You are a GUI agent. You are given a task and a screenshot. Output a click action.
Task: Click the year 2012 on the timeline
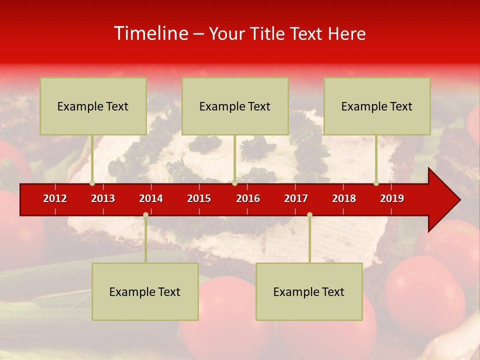(x=55, y=198)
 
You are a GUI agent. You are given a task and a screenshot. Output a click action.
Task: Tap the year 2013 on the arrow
(x=103, y=198)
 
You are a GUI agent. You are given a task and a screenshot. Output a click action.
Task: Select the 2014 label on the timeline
(x=151, y=198)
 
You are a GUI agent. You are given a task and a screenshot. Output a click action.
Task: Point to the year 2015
(x=199, y=198)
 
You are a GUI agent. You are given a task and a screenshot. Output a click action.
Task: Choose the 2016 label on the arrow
(x=248, y=198)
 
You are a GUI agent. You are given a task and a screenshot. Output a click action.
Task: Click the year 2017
(x=296, y=198)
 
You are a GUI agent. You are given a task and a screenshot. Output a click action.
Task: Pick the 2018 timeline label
(x=344, y=198)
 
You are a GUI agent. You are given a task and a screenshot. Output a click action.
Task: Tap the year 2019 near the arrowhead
(x=392, y=198)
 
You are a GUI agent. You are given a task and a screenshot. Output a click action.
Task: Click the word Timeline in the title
(x=150, y=33)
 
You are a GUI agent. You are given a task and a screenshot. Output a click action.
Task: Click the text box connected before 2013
(x=93, y=106)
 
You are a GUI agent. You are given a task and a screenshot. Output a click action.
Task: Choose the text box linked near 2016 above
(x=235, y=106)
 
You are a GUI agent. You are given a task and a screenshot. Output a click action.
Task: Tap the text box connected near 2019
(x=377, y=106)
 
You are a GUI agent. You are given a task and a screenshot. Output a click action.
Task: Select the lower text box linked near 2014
(x=145, y=291)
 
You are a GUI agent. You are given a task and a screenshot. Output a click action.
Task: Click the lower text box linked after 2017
(x=309, y=291)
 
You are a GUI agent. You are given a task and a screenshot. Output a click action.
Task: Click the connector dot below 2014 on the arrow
(x=145, y=215)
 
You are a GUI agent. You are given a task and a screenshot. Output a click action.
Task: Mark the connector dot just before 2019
(x=376, y=183)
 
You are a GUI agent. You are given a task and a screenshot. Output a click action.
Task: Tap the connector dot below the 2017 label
(x=309, y=215)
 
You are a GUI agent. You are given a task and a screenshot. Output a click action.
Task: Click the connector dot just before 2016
(x=234, y=183)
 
